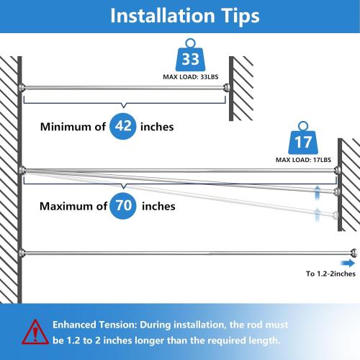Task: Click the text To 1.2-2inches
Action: click(330, 273)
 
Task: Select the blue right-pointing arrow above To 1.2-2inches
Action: click(347, 263)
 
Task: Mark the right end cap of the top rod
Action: click(227, 87)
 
